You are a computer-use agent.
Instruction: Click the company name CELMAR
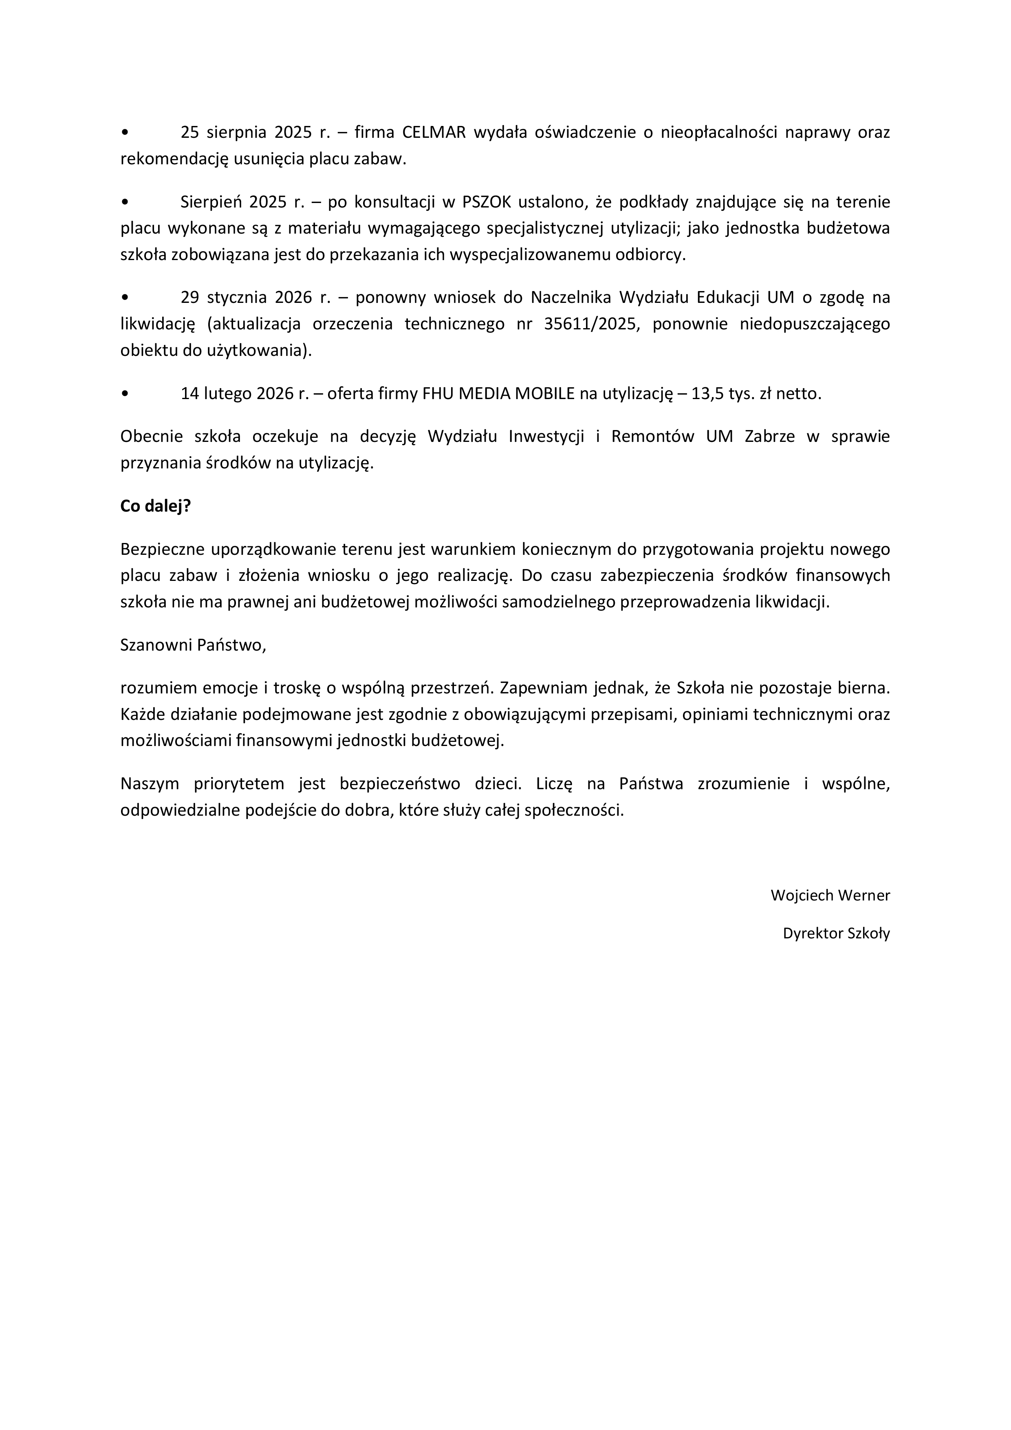[434, 132]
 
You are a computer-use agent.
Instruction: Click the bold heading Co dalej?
[155, 506]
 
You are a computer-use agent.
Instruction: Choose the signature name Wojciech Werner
[830, 895]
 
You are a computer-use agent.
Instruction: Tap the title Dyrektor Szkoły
[836, 933]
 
